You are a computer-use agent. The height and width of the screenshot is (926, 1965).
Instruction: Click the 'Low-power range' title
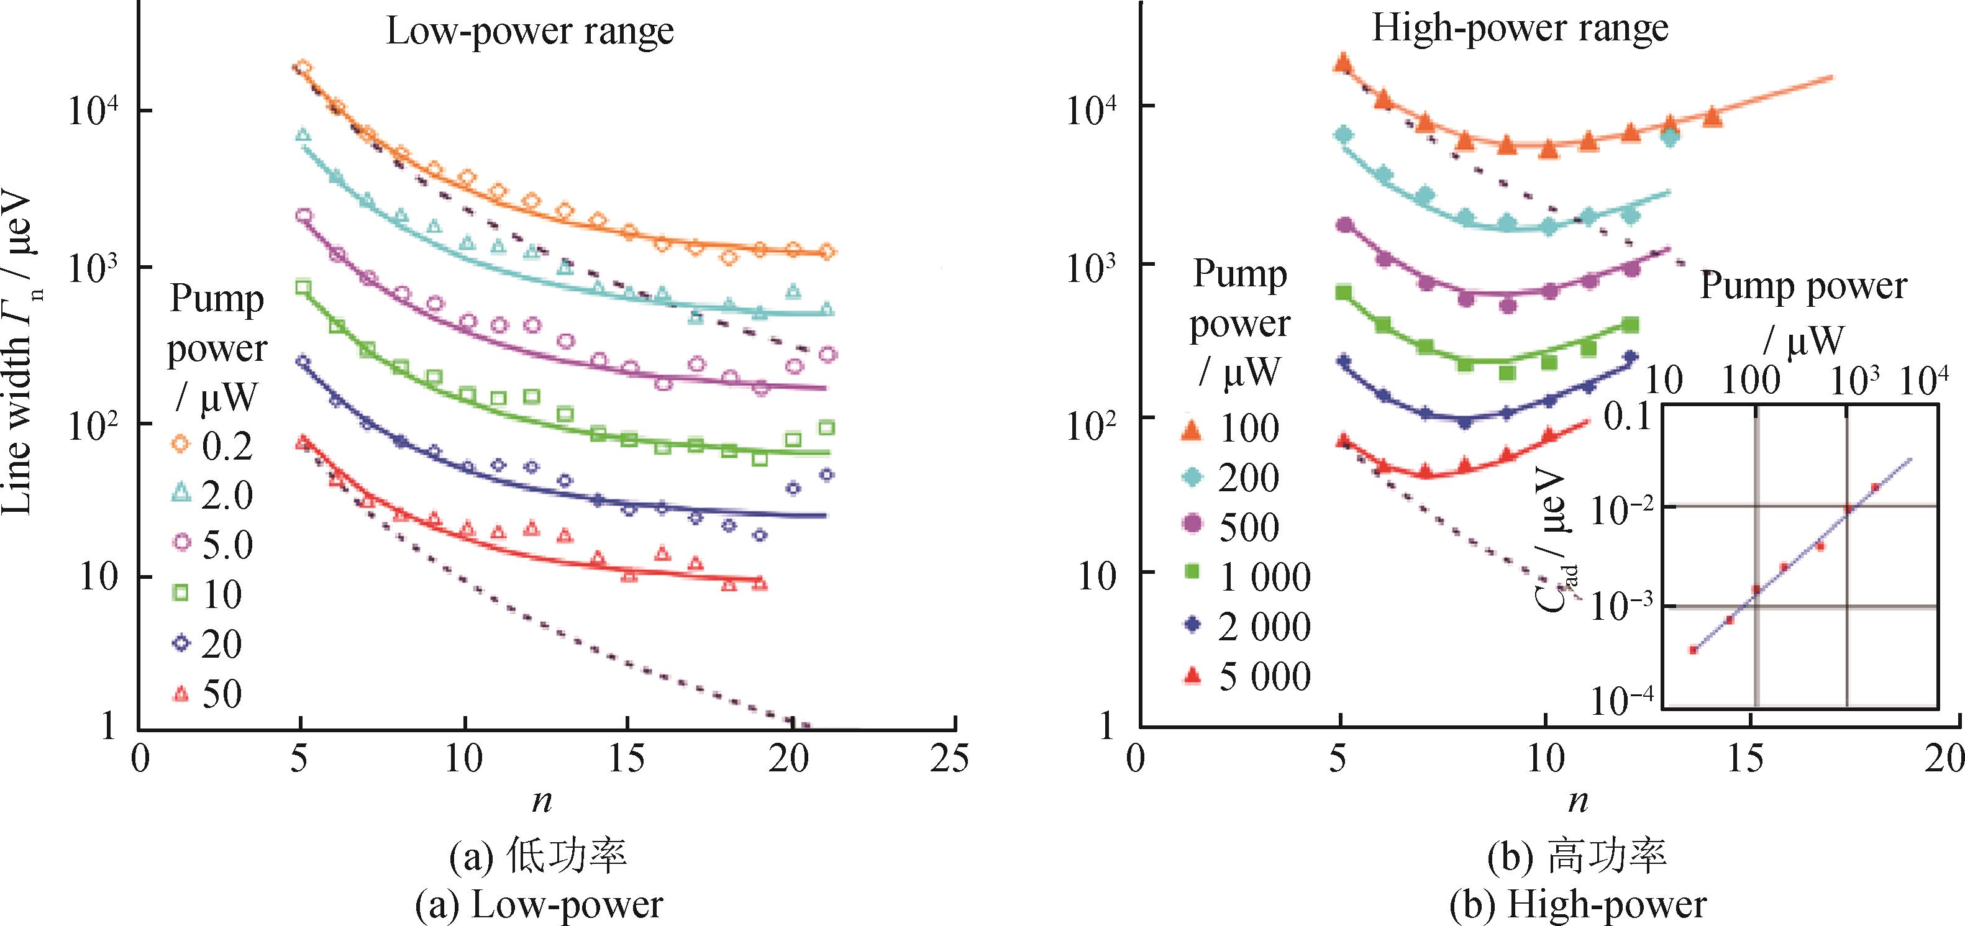[x=529, y=32]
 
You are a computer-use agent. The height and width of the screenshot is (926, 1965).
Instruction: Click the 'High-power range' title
[x=1520, y=29]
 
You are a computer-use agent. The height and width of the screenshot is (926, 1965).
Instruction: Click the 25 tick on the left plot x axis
[x=950, y=760]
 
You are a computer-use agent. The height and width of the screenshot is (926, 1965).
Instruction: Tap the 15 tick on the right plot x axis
[x=1744, y=759]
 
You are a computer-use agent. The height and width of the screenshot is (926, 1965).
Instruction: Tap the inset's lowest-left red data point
[x=1693, y=650]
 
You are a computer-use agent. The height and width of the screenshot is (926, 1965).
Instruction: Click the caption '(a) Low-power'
[x=539, y=906]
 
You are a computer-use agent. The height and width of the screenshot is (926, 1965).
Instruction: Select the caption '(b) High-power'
[x=1577, y=906]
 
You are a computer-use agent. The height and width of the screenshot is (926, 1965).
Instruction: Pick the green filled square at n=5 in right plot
[x=1344, y=292]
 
